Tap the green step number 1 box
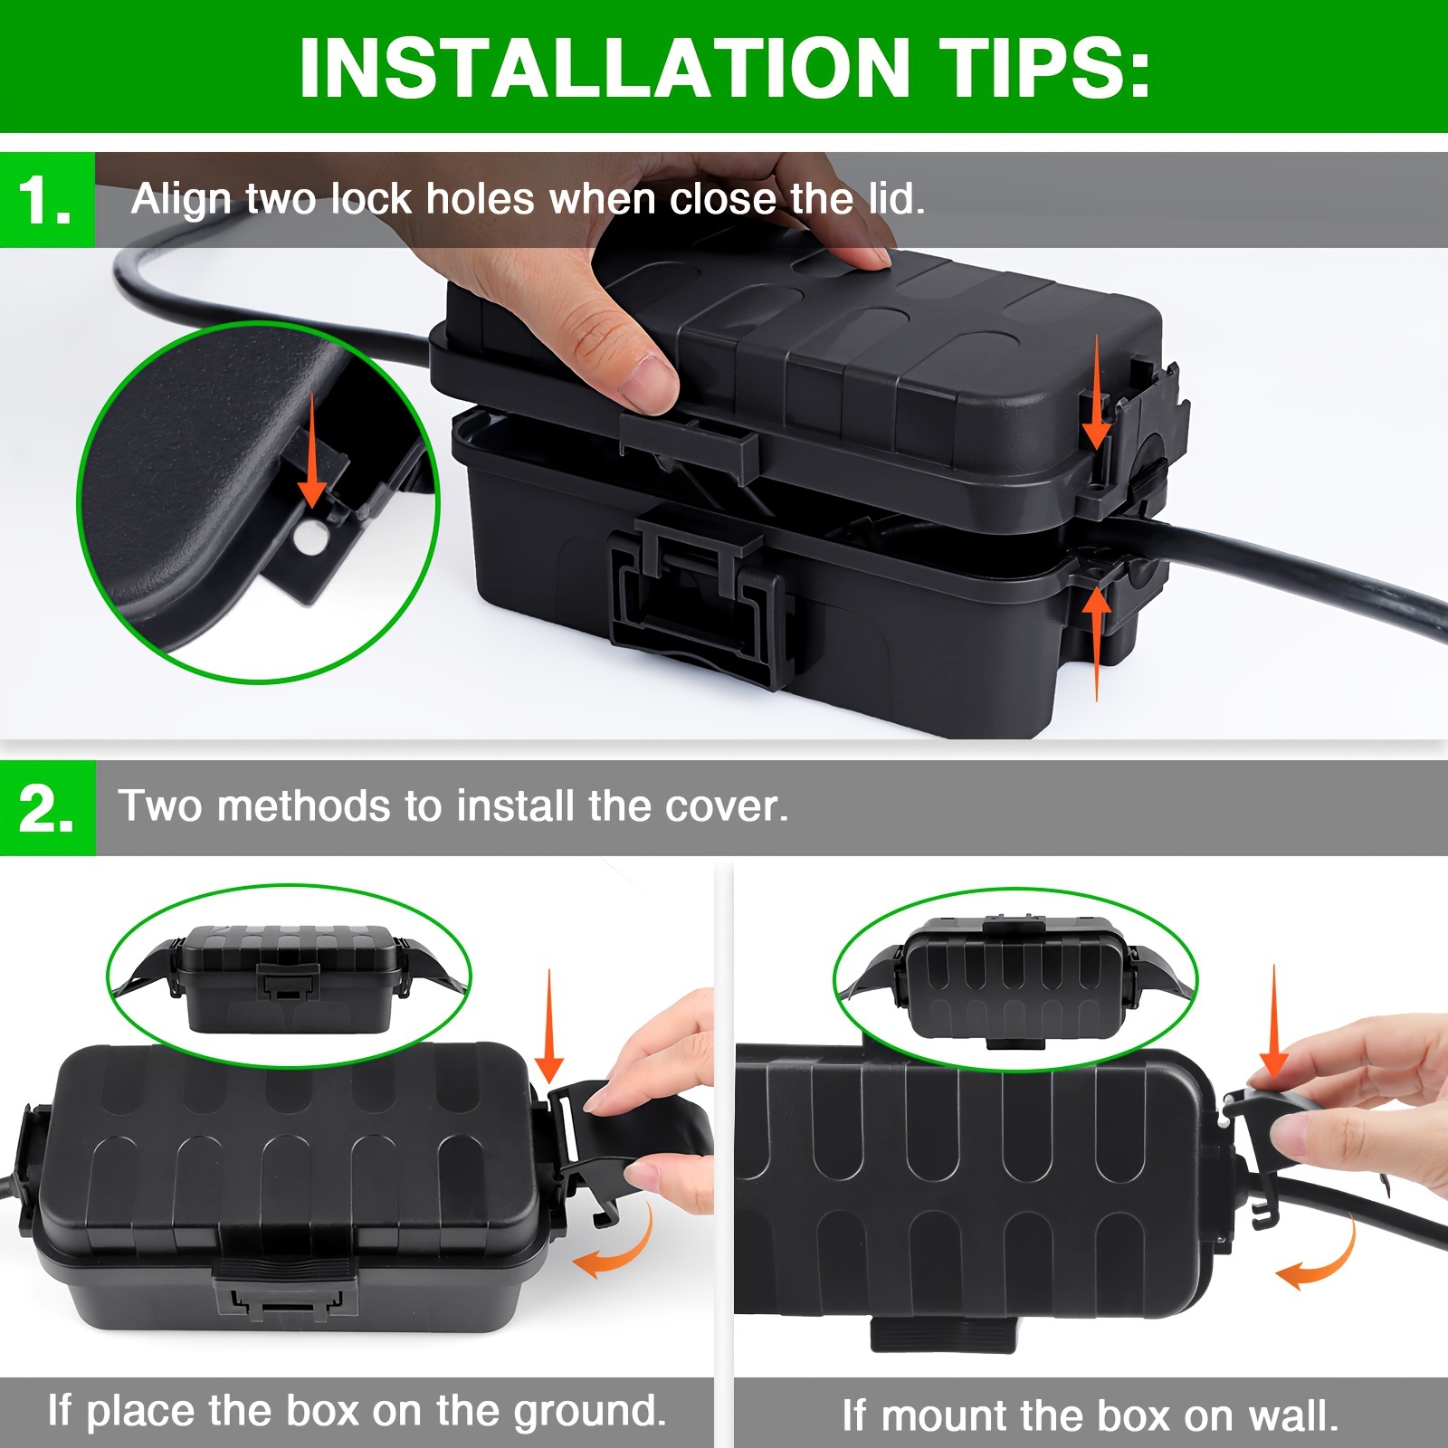click(x=47, y=199)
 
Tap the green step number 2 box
click(x=47, y=807)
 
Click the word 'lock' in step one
click(x=370, y=198)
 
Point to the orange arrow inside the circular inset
click(x=312, y=449)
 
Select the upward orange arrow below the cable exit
click(x=1097, y=643)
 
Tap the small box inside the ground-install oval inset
click(x=290, y=978)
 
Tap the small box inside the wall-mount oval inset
click(x=1015, y=979)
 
